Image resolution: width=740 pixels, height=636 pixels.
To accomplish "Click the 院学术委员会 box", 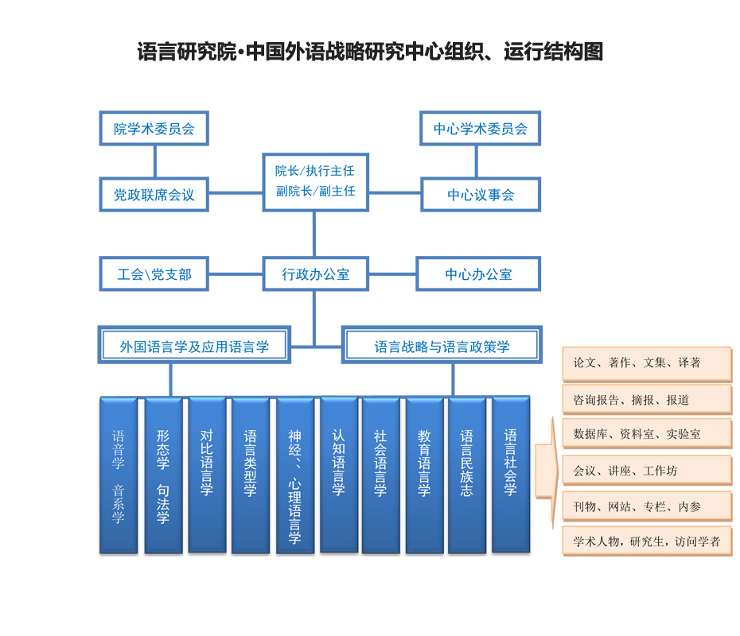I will pos(154,128).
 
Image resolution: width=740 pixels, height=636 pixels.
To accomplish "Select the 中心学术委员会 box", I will pos(480,128).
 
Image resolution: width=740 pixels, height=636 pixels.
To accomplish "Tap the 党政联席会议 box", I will pos(154,195).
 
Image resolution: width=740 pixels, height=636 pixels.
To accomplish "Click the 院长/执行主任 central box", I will pos(315,181).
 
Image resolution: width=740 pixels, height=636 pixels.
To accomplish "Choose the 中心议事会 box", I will pos(480,195).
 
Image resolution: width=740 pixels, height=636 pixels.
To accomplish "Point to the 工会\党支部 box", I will pos(154,274).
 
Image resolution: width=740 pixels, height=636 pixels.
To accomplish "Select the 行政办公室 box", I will pos(315,274).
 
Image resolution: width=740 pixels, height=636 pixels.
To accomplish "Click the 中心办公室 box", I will pos(478,274).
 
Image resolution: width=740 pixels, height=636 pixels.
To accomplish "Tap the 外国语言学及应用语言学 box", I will pos(194,346).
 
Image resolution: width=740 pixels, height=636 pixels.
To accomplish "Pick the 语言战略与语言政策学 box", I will pos(442,346).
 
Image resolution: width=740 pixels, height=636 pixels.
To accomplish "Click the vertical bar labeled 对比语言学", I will pos(207,475).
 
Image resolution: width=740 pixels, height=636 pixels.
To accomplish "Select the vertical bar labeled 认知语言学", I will pos(338,475).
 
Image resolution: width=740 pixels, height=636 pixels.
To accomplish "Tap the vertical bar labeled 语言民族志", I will pos(467,475).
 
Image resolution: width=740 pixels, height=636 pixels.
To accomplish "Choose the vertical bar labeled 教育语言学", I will pos(424,475).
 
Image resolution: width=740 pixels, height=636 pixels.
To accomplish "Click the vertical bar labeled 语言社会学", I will pos(511,475).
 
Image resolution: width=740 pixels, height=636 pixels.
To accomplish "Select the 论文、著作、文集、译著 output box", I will pos(646,363).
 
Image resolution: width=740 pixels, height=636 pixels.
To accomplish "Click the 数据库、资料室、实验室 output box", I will pos(646,434).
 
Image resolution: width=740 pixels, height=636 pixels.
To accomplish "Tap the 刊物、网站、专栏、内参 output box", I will pos(646,506).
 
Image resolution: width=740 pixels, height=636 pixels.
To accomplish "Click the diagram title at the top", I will pos(370,52).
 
